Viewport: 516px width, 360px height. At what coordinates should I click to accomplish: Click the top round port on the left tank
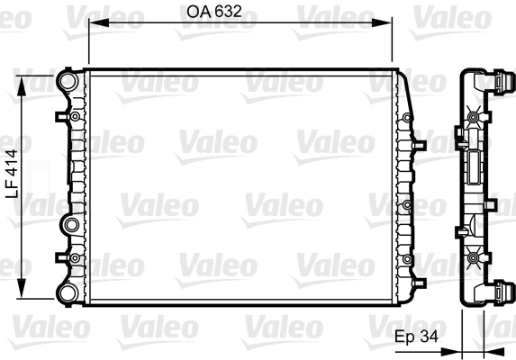[x=67, y=82]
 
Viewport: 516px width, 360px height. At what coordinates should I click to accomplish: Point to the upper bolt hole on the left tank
[x=71, y=116]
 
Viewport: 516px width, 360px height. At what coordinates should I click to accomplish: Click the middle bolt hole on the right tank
[x=408, y=205]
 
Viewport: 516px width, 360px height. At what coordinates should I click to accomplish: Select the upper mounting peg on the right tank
[x=418, y=143]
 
